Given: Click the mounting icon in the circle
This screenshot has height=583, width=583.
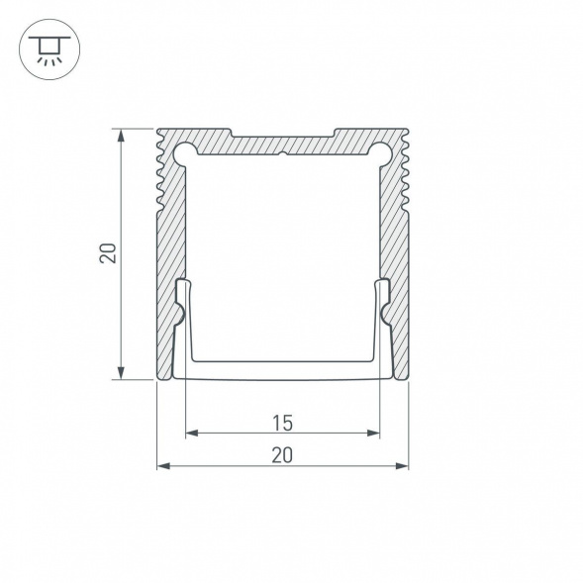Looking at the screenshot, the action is pyautogui.click(x=49, y=49).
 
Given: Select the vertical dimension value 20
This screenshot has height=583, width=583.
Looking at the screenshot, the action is pyautogui.click(x=108, y=253).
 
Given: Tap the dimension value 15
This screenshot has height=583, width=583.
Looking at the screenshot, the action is pyautogui.click(x=282, y=423).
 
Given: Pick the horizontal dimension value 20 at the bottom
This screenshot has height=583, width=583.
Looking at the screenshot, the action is pyautogui.click(x=282, y=455).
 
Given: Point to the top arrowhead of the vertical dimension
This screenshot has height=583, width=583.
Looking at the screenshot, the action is pyautogui.click(x=121, y=136).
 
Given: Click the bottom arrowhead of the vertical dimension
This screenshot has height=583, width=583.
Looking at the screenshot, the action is pyautogui.click(x=121, y=372).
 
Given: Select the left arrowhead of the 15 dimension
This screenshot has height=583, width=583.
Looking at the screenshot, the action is pyautogui.click(x=192, y=433).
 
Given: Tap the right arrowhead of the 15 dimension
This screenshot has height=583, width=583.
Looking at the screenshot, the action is pyautogui.click(x=373, y=433).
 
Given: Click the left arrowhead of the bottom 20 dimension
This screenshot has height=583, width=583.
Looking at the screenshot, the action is pyautogui.click(x=163, y=465).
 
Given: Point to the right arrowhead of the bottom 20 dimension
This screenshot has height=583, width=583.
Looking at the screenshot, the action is pyautogui.click(x=402, y=465).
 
